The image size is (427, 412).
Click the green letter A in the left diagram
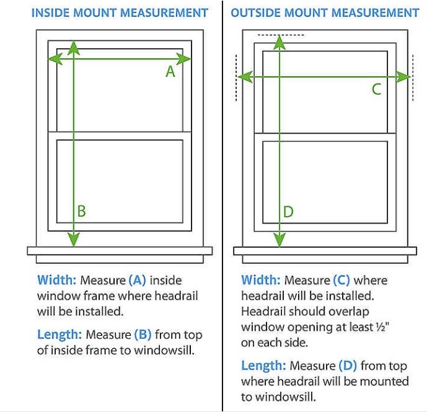coord(170,72)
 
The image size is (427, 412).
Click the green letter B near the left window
coord(81,211)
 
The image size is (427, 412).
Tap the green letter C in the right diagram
coord(377,89)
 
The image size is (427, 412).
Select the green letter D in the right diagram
coord(288,212)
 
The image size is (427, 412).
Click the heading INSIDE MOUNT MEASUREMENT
coord(120,13)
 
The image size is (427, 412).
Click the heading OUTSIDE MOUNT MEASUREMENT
coord(325,13)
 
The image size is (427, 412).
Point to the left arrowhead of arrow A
coord(55,58)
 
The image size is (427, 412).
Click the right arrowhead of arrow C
coord(403,77)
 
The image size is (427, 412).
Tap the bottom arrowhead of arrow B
coord(74,240)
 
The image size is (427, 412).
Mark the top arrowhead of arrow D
coord(280,43)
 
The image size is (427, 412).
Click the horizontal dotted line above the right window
coord(281,35)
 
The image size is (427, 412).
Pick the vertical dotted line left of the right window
coord(236,78)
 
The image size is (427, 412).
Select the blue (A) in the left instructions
coord(137,280)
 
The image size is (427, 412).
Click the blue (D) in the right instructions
coord(348,366)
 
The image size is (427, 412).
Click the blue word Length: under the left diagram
coord(59,335)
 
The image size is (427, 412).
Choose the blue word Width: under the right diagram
coord(261,280)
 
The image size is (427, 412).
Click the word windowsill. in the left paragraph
coord(164,350)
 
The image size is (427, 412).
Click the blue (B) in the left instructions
coord(143,335)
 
